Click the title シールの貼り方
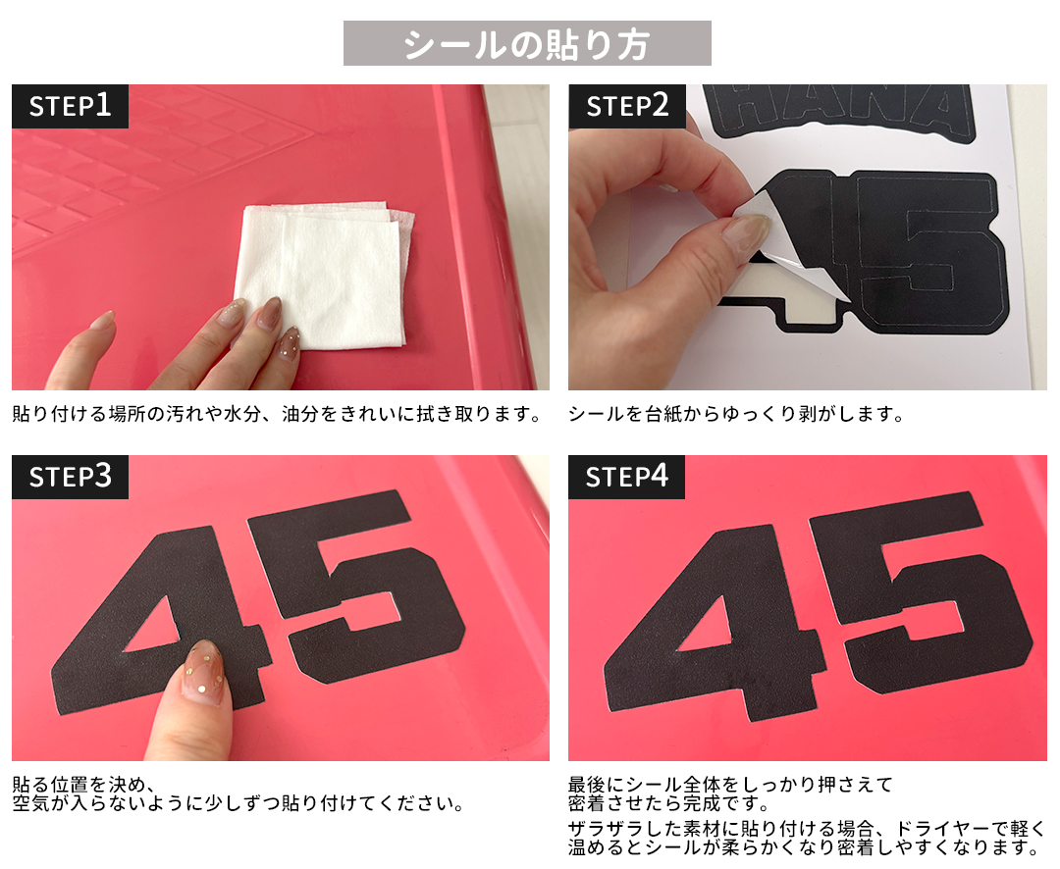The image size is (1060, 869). [527, 44]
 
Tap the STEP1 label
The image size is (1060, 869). [70, 106]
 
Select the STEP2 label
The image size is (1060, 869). [626, 106]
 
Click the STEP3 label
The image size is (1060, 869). [70, 477]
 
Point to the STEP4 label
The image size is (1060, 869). [626, 477]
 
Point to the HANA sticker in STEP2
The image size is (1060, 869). [839, 112]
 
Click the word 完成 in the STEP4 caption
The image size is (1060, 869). [720, 803]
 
